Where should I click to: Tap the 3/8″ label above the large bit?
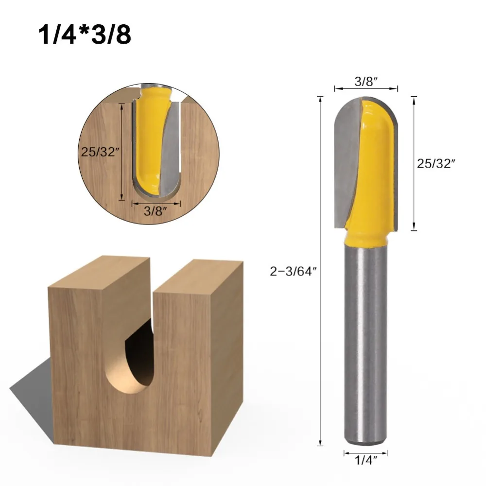(366, 82)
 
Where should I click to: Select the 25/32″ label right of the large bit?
(436, 164)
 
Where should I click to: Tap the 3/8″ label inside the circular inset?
(156, 212)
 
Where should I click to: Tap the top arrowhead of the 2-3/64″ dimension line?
(320, 99)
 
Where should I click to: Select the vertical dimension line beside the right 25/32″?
(414, 164)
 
